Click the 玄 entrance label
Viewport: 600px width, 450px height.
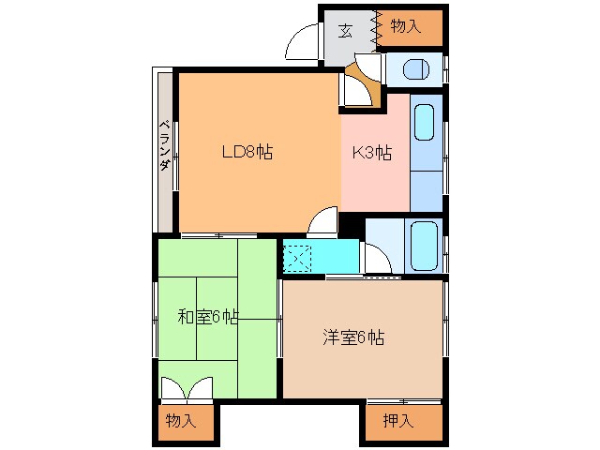[346, 29]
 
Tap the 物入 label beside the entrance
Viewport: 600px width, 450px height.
[405, 28]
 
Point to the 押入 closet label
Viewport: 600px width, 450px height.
[397, 421]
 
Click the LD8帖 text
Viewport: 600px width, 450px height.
[247, 153]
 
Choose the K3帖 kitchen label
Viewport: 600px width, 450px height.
[371, 153]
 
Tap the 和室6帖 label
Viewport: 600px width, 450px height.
[208, 317]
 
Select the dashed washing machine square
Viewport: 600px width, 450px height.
[298, 256]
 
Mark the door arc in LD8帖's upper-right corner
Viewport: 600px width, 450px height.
[354, 90]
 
